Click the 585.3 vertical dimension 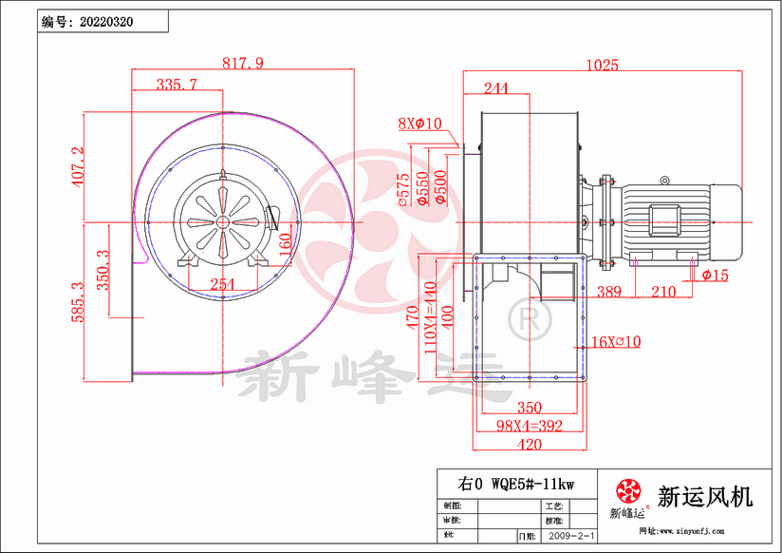click(x=78, y=301)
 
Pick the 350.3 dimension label click(x=103, y=269)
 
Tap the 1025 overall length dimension click(x=602, y=66)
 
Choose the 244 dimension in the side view click(x=494, y=88)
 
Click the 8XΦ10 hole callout click(x=420, y=124)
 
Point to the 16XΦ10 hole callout click(x=616, y=341)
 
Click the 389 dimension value click(x=609, y=292)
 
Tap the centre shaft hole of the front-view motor click(x=222, y=222)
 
